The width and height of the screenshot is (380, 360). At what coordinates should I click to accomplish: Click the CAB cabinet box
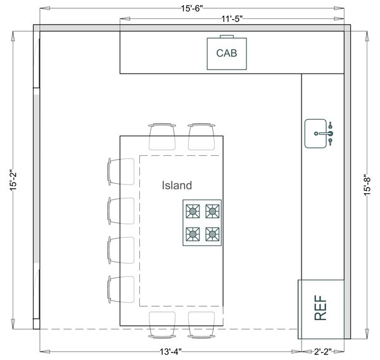[227, 53]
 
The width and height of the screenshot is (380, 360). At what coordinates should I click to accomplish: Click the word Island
[176, 186]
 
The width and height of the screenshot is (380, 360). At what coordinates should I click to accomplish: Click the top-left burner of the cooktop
[193, 211]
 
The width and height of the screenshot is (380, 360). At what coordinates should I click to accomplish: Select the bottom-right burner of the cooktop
[213, 233]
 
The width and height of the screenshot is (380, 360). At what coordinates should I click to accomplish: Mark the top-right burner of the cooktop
[213, 211]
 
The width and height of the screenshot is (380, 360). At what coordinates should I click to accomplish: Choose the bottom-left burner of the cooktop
[193, 233]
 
